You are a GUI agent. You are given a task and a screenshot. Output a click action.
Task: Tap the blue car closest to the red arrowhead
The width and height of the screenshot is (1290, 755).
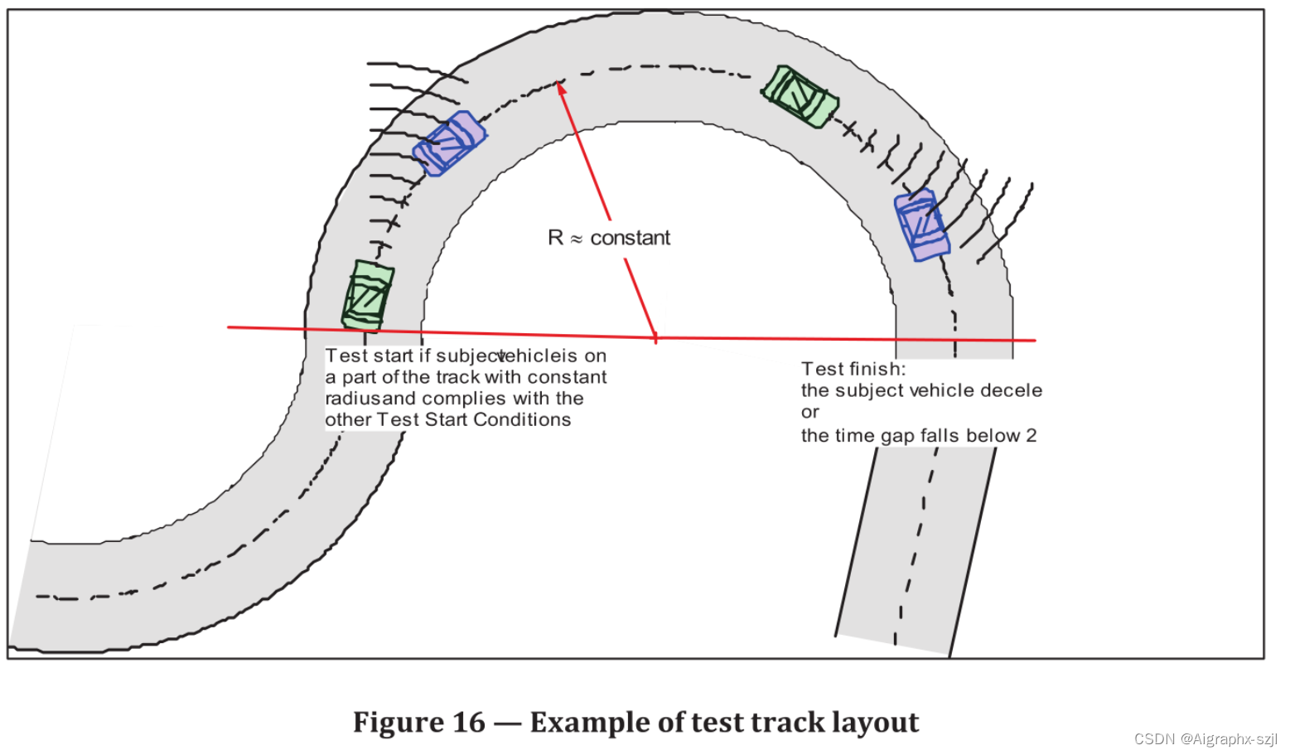[x=450, y=143]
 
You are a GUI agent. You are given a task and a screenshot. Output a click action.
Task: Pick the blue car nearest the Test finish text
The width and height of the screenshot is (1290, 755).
[x=920, y=225]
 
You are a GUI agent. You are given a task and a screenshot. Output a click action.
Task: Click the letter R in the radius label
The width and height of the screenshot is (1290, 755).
[x=555, y=238]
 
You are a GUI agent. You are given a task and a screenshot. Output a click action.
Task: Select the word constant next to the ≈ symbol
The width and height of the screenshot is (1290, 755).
[x=630, y=238]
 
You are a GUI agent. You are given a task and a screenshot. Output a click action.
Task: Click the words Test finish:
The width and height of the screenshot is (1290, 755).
[x=853, y=369]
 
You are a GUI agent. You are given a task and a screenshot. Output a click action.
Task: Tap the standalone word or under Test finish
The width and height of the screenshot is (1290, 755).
[x=809, y=413]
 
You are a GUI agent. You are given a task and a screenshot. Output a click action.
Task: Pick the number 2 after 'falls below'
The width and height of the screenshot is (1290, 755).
[x=1031, y=436]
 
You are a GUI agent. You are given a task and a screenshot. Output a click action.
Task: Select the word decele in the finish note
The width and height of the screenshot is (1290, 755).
[x=1012, y=390]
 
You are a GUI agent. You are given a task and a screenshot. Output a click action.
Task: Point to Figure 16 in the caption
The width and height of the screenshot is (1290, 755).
[x=418, y=722]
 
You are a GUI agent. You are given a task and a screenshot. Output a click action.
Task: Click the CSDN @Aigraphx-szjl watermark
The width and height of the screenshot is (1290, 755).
[x=1205, y=738]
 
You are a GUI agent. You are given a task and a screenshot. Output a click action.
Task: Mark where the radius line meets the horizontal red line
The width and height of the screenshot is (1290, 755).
[x=655, y=337]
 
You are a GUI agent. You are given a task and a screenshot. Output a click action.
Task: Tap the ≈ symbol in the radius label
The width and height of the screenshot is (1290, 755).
[x=577, y=240]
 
